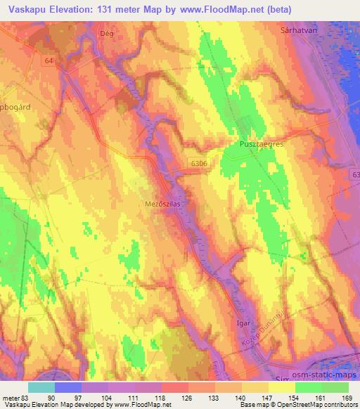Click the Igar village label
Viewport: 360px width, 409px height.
(x=243, y=325)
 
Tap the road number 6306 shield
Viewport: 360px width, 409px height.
(x=198, y=162)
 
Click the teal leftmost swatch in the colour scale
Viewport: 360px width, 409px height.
(x=41, y=387)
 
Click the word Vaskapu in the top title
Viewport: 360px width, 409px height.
(x=27, y=8)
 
